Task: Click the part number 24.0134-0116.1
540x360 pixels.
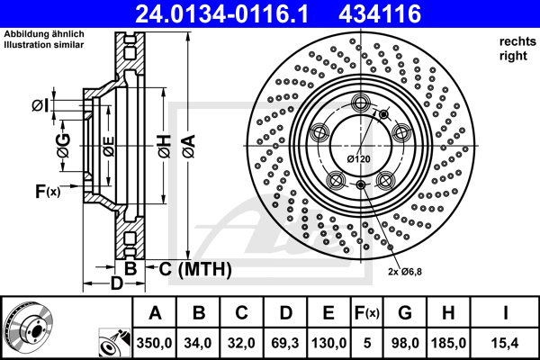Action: pyautogui.click(x=221, y=13)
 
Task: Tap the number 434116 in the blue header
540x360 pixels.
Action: pyautogui.click(x=380, y=13)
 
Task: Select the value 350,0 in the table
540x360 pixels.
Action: pyautogui.click(x=154, y=343)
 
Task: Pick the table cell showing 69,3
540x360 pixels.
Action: pyautogui.click(x=285, y=343)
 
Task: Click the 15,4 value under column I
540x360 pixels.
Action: pyautogui.click(x=506, y=343)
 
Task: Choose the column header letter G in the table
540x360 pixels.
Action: pyautogui.click(x=405, y=313)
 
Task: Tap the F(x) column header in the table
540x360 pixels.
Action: pyautogui.click(x=367, y=313)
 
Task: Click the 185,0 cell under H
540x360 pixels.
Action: pyautogui.click(x=448, y=343)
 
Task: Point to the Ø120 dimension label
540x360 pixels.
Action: pyautogui.click(x=359, y=159)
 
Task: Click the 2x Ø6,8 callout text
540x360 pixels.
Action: pyautogui.click(x=405, y=272)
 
